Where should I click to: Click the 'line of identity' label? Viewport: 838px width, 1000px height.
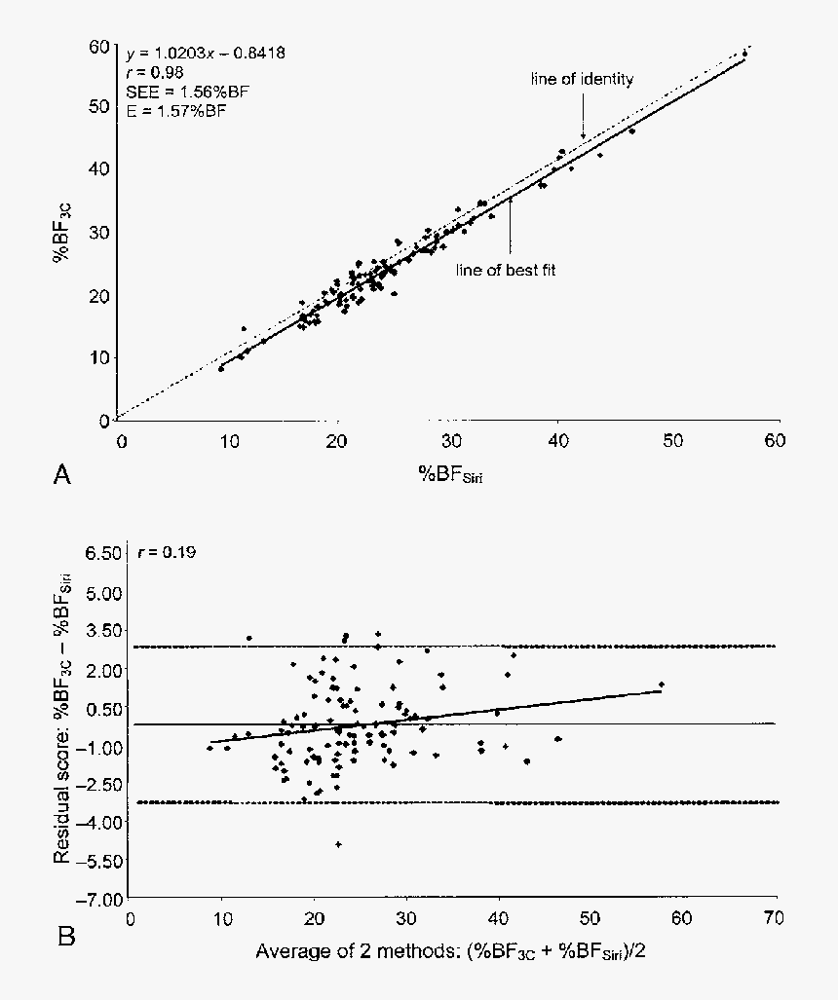coord(582,79)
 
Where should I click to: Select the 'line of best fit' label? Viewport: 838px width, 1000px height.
coord(506,268)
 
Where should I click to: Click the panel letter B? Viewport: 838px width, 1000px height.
coord(66,937)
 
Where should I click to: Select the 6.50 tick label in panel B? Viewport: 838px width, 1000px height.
coord(101,553)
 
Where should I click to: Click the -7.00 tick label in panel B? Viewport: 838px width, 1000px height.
coord(99,898)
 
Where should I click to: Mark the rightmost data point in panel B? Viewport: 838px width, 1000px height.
coord(662,685)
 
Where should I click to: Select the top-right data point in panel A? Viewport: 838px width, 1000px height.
coord(744,54)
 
